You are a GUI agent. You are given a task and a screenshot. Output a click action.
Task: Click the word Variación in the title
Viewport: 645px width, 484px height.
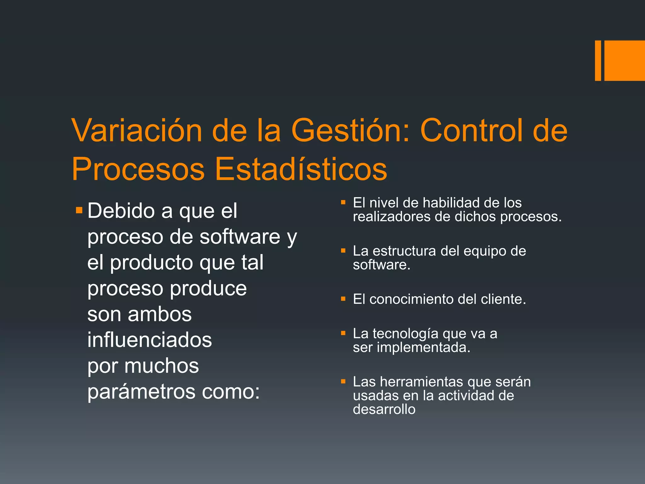137,130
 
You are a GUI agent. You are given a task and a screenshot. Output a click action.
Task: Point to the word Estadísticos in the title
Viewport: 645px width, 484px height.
301,169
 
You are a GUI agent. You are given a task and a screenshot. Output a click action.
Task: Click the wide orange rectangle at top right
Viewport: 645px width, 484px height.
625,60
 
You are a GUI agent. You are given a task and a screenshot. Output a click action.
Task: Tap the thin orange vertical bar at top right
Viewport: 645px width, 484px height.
598,60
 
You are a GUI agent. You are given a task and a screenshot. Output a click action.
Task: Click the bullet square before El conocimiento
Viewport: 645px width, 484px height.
343,299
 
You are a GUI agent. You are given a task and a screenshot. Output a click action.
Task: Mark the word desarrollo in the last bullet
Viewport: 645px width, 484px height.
384,409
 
